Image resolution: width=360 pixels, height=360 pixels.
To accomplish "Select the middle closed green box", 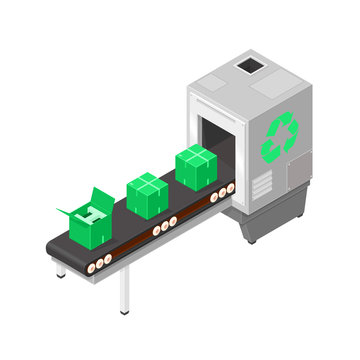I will (x=147, y=196).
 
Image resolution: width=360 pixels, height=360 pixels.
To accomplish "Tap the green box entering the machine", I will (x=196, y=166).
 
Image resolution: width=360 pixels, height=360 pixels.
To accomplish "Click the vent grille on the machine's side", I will (x=261, y=184).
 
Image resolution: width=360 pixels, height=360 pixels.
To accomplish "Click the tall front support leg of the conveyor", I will (x=124, y=290).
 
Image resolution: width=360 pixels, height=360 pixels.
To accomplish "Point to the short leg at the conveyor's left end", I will (x=61, y=268).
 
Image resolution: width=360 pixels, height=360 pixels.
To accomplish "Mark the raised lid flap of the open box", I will (x=101, y=198).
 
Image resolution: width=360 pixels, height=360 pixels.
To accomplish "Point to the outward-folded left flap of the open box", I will (x=68, y=211).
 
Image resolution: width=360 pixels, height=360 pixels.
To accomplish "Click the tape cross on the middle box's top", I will (x=147, y=182).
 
